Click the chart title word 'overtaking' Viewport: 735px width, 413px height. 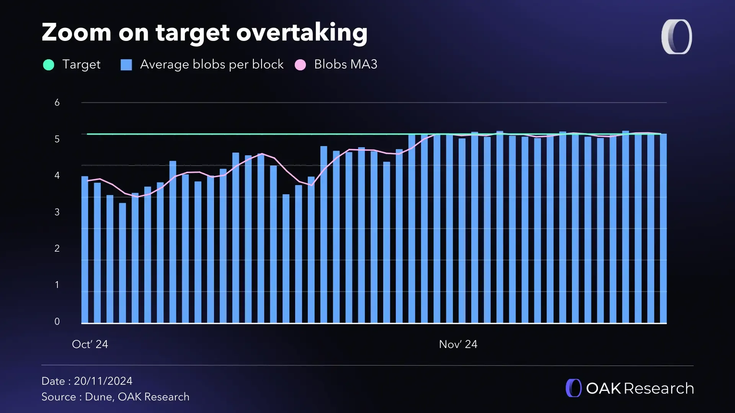pos(302,33)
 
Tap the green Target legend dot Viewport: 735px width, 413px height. pos(49,65)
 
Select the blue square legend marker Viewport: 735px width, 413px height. pos(126,65)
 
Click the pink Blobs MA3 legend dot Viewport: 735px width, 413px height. pos(301,65)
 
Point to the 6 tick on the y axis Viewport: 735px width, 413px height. pos(57,102)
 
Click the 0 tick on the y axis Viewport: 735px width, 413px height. pos(57,322)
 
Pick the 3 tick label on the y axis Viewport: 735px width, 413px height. pos(57,212)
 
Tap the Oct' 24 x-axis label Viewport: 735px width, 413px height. pos(90,344)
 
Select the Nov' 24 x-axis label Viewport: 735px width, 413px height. pos(458,344)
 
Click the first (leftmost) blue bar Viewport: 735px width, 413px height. pos(85,249)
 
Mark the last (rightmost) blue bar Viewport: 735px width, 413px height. pos(663,229)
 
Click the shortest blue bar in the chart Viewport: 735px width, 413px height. pos(122,264)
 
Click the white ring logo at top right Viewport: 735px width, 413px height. pos(677,37)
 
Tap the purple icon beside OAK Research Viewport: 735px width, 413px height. pos(573,388)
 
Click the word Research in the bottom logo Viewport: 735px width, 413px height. pos(658,389)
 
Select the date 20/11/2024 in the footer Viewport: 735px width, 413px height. pos(103,381)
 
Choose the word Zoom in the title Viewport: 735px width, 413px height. pos(77,33)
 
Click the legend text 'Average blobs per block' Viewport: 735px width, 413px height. pos(212,64)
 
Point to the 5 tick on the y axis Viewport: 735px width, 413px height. pos(57,139)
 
